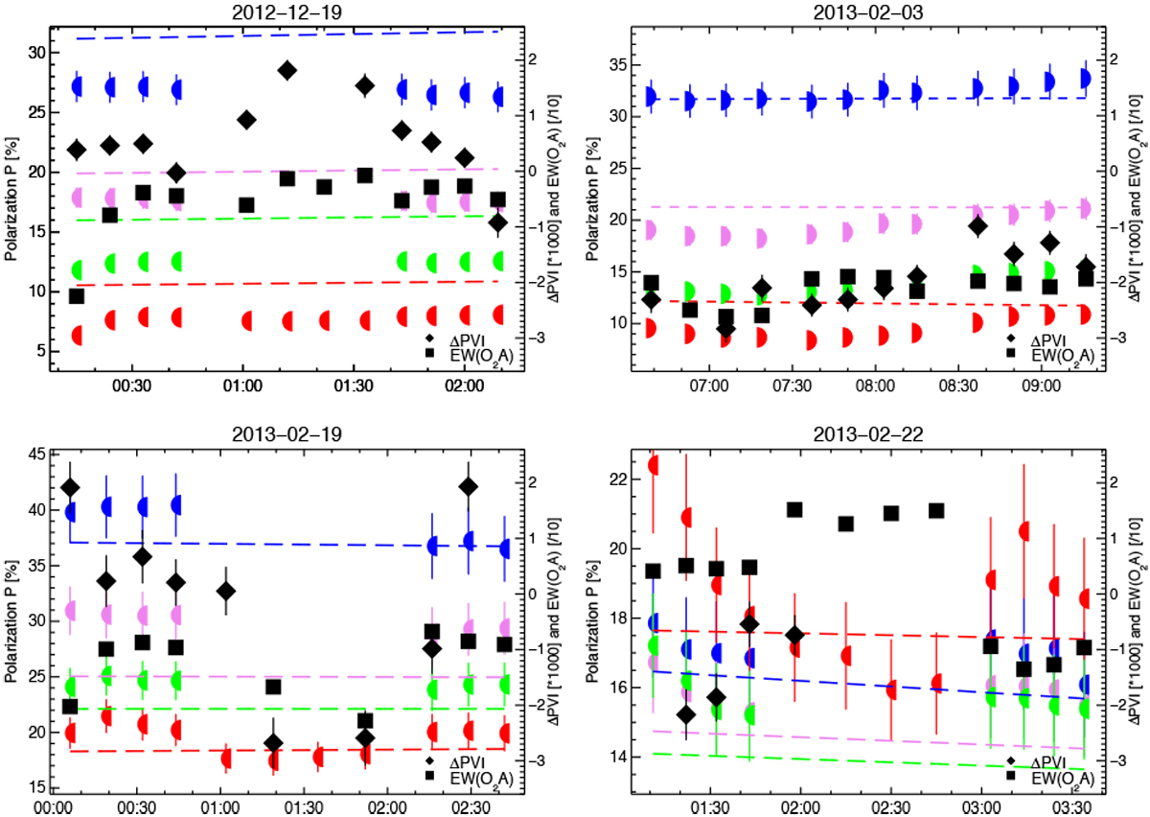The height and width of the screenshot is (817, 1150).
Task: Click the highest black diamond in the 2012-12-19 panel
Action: pyautogui.click(x=287, y=70)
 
